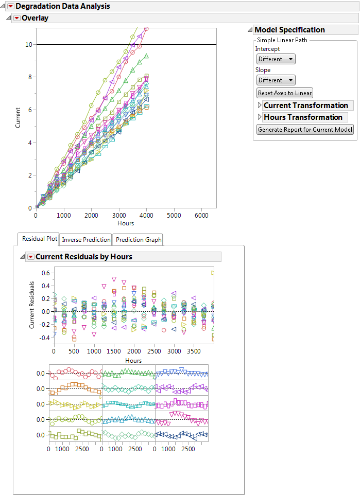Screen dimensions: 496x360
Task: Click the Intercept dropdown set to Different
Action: point(276,59)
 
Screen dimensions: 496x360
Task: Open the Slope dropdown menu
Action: point(276,80)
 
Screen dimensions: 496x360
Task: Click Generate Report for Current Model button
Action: point(305,130)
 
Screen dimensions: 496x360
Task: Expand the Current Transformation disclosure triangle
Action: point(260,105)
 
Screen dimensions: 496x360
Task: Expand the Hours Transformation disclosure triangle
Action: point(260,117)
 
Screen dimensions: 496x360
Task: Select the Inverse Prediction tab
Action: point(86,240)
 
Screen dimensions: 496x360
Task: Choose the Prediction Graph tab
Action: point(139,240)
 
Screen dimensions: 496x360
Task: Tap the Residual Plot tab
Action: point(39,239)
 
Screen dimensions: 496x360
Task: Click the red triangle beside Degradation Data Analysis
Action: point(10,6)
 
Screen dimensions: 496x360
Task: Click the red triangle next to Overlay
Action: point(16,18)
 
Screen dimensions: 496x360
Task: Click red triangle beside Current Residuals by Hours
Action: point(30,257)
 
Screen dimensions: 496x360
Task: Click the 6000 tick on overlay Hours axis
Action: point(201,215)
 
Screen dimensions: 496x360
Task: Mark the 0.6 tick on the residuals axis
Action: point(45,273)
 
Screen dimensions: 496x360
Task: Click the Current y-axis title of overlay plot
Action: point(18,117)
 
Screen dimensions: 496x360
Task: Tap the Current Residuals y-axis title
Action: point(32,305)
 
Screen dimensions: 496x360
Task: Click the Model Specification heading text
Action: point(289,30)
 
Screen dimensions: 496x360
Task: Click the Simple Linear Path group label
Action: point(283,40)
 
